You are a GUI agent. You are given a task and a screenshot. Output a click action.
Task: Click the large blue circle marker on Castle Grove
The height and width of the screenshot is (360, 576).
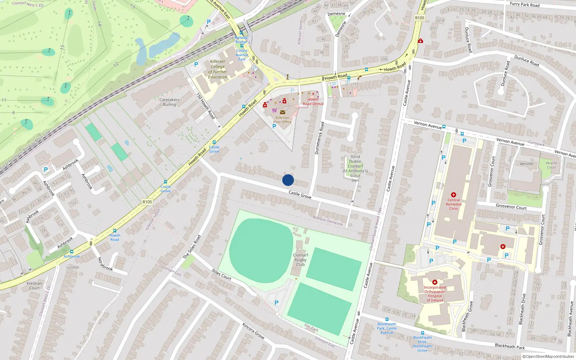(288, 180)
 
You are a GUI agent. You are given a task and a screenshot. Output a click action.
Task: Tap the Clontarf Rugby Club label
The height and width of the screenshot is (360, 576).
(300, 260)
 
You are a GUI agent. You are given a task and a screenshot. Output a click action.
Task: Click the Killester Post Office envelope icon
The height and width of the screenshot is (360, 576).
(283, 112)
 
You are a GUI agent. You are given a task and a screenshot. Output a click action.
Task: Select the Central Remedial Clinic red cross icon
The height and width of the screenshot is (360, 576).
(454, 195)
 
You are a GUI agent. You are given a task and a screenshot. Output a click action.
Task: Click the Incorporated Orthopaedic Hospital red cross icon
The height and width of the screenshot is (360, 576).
(435, 282)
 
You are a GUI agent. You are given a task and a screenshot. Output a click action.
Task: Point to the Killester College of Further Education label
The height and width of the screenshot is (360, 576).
(218, 69)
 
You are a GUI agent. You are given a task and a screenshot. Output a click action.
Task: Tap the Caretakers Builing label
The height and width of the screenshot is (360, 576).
(169, 102)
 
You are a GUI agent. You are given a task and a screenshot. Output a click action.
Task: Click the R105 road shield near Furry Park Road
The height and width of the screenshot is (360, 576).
(420, 18)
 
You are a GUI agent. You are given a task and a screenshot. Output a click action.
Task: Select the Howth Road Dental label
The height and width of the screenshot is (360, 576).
(313, 102)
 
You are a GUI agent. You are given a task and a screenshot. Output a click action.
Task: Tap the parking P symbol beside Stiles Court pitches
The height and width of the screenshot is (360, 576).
(276, 303)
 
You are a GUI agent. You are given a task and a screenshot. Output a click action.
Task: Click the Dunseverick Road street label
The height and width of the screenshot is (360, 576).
(319, 138)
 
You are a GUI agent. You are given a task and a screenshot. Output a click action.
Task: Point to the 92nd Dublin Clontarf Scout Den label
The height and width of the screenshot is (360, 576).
(355, 168)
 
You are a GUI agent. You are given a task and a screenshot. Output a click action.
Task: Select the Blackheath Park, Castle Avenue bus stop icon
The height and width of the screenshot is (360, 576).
(387, 319)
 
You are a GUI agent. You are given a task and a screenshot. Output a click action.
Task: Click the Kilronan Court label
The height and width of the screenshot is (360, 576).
(35, 285)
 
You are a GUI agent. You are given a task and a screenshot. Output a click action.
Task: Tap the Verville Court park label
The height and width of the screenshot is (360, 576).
(551, 165)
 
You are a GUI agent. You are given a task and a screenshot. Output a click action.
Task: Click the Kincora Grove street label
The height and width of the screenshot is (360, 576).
(253, 331)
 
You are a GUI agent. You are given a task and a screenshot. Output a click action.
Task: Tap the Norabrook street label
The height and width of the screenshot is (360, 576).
(105, 264)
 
